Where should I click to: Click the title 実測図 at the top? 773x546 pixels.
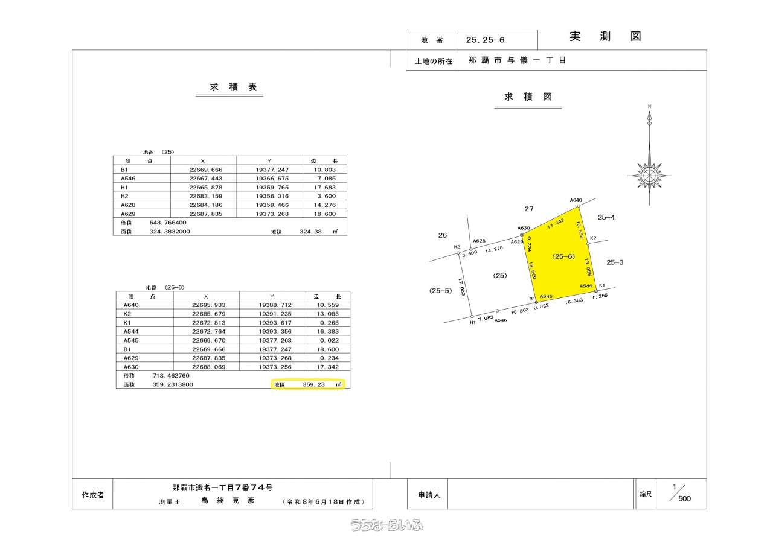605,36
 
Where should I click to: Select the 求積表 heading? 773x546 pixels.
233,87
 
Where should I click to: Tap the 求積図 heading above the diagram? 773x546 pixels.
528,97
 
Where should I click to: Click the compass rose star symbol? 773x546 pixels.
649,176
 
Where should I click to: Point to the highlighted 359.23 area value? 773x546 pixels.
313,384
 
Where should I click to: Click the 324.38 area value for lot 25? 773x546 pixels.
310,232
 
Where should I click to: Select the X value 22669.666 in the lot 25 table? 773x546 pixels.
206,170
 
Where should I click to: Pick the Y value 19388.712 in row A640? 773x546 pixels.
275,305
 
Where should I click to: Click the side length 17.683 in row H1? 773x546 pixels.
325,188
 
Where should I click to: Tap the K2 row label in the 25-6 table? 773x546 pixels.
127,314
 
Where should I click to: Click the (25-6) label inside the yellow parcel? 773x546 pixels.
563,256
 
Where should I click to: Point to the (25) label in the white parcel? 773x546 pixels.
499,275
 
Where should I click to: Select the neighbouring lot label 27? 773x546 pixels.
529,209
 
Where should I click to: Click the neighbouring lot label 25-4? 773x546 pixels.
606,217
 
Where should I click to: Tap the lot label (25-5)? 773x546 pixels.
440,291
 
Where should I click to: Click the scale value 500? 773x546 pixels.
685,498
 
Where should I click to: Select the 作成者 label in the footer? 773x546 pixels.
93,495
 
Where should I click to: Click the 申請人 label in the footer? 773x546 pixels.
429,495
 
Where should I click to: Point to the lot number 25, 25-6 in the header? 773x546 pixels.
485,40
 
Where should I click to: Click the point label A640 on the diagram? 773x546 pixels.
576,200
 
